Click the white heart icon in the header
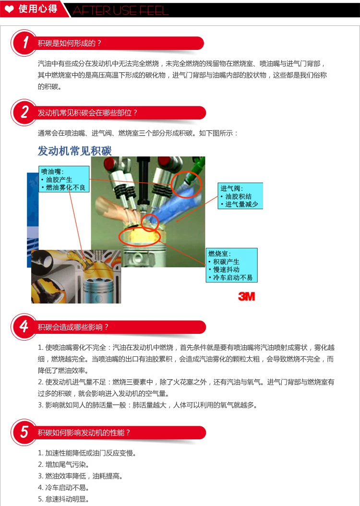10,9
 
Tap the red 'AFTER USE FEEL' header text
120,11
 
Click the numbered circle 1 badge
24,43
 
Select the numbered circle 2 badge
24,112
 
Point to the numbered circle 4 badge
24,327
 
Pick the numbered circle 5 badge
24,432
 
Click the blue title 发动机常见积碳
74,151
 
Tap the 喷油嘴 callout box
64,179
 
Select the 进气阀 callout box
240,196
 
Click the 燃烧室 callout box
231,265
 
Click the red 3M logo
247,296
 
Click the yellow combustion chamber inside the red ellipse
140,237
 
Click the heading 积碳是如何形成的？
70,43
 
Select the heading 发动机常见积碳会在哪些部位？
87,113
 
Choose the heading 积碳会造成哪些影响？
73,327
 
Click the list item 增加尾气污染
64,465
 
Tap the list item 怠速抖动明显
64,499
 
